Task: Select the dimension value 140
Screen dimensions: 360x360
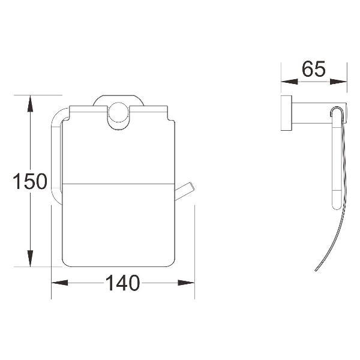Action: click(123, 281)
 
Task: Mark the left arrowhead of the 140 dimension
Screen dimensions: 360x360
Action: click(57, 281)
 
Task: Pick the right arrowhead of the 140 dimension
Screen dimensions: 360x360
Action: click(189, 281)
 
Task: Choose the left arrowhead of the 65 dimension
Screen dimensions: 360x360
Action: click(287, 81)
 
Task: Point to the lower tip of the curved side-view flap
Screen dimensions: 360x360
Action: click(314, 271)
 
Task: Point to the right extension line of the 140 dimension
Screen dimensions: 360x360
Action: click(194, 252)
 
